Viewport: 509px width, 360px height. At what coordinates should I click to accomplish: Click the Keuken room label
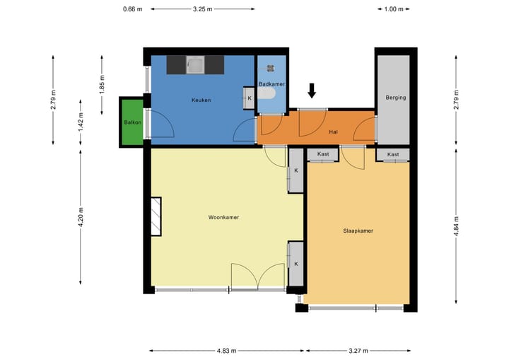click(x=201, y=100)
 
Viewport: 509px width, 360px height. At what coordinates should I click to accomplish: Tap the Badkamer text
click(x=271, y=84)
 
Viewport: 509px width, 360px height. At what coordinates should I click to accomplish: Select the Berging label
click(x=396, y=98)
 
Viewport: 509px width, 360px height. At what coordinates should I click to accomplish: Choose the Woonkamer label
click(x=223, y=217)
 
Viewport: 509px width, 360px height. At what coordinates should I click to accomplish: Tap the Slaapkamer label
click(x=358, y=231)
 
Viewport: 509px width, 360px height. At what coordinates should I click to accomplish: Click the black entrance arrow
click(x=312, y=91)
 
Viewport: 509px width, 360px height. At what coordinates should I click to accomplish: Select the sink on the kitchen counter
click(x=194, y=66)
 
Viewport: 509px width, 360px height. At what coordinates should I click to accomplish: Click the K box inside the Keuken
click(x=249, y=98)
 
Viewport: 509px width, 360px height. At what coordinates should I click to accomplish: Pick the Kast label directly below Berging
click(x=393, y=154)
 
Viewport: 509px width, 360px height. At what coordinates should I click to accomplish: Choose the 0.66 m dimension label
click(x=132, y=9)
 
